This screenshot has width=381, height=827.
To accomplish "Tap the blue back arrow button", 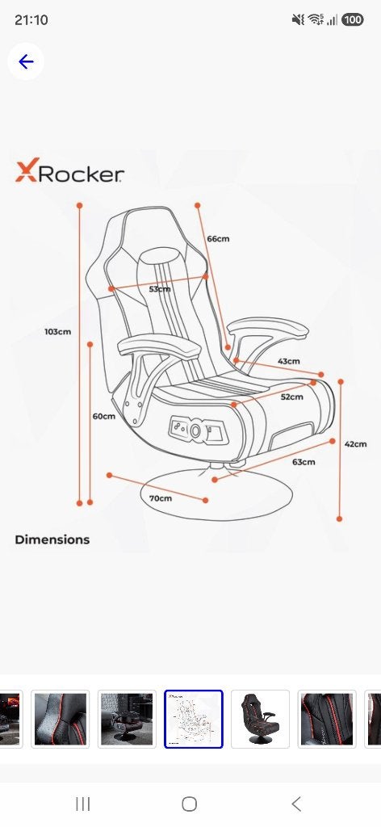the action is [x=26, y=61].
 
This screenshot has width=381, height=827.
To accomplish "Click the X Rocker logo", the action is [x=69, y=171].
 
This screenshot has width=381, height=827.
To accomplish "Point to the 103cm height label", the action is [x=58, y=332].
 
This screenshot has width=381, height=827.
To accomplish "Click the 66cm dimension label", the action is [x=218, y=239].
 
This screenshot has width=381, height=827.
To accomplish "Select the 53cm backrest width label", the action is [x=160, y=289].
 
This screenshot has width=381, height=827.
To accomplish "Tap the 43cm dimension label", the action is [x=289, y=361].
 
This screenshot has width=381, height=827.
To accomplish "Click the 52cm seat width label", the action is [x=292, y=397].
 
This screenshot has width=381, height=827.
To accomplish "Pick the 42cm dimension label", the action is [x=356, y=444].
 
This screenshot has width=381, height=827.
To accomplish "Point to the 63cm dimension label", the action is [x=304, y=462].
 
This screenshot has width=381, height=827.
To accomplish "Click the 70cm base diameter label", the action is [x=160, y=497].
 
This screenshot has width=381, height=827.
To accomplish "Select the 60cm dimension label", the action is [x=104, y=416].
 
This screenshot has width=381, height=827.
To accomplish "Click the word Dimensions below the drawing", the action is [x=52, y=539].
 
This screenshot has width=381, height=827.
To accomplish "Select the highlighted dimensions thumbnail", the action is [x=194, y=719].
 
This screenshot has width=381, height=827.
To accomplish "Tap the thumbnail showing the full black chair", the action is [x=261, y=719].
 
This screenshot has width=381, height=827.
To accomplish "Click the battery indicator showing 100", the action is [x=353, y=20].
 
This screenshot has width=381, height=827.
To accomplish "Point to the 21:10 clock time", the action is [x=31, y=20].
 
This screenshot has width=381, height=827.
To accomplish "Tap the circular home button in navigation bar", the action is [x=189, y=804].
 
